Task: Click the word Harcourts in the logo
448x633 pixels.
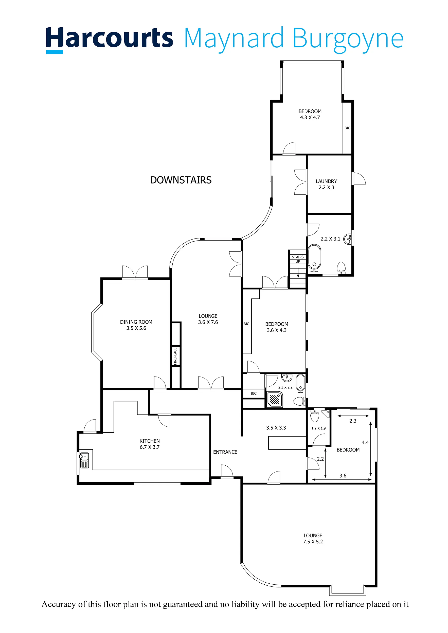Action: tap(109, 38)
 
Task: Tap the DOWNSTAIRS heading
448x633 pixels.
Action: tap(181, 180)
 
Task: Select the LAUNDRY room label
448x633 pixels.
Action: tap(326, 181)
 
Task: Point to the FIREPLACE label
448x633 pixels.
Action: tap(175, 356)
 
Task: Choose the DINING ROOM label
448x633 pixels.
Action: tap(136, 322)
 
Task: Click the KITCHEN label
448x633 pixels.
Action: tap(150, 441)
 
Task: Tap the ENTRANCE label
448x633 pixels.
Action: tap(225, 452)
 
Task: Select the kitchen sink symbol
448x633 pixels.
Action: tap(84, 460)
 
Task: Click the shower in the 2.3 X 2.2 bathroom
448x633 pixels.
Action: tap(275, 400)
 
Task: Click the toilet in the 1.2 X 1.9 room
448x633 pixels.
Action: tap(315, 416)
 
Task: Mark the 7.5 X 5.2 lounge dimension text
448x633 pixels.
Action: tap(313, 542)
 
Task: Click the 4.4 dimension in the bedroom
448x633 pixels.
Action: tap(365, 443)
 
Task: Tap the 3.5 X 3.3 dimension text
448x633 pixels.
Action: tap(276, 428)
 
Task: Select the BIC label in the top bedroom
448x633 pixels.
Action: tap(347, 128)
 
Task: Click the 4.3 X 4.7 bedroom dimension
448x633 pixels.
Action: tap(310, 117)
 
